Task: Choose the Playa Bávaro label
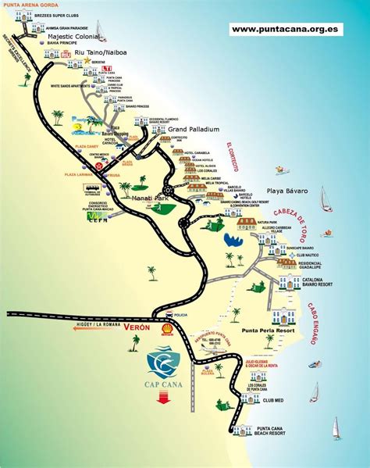287,191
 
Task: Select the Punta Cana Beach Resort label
277,430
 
